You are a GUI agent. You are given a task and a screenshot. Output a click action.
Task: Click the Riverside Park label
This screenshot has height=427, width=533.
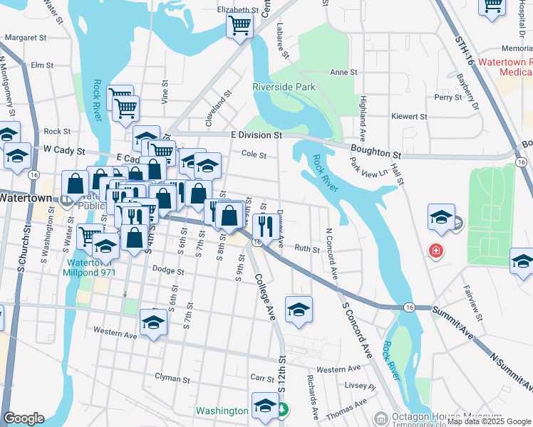click(x=284, y=87)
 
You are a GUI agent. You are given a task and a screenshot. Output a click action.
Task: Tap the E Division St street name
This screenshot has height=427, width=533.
click(x=257, y=135)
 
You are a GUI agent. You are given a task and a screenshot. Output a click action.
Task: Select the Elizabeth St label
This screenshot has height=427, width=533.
click(x=237, y=10)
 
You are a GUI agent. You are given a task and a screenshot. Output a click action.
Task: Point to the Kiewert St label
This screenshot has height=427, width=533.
click(x=409, y=116)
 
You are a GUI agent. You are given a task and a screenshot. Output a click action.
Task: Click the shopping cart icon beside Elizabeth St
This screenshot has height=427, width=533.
click(x=240, y=26)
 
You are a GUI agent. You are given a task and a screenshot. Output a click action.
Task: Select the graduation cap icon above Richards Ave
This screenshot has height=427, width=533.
click(x=299, y=310)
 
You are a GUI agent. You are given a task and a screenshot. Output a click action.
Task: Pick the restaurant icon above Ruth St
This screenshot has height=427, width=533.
click(x=263, y=226)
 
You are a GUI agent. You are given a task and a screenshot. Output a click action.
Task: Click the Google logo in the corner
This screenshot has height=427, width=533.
click(x=23, y=418)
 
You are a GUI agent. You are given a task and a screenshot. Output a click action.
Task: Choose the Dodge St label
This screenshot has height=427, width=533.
click(x=168, y=271)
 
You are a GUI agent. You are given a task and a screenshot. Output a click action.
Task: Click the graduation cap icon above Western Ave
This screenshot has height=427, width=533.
click(x=153, y=322)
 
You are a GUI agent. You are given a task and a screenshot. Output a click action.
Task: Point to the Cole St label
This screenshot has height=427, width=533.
click(x=254, y=154)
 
